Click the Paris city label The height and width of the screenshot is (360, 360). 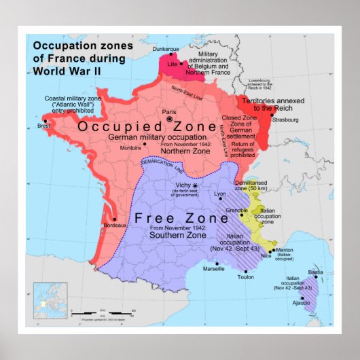(170, 110)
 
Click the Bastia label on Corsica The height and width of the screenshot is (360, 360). (316, 272)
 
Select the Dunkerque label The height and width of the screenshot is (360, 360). (166, 50)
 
